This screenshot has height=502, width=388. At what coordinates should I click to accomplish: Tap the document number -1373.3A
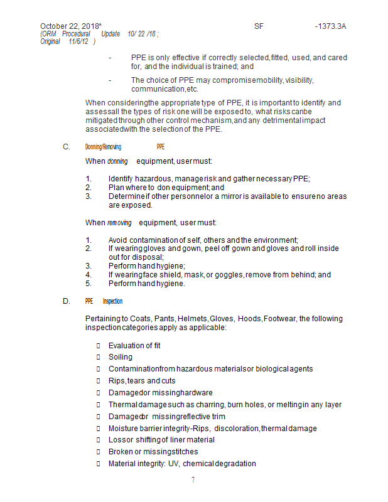click(x=330, y=26)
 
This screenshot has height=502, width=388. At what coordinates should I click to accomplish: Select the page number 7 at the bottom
click(x=193, y=480)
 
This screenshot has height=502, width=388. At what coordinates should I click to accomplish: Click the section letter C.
click(x=66, y=147)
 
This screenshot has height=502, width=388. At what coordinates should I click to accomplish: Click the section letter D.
click(x=66, y=301)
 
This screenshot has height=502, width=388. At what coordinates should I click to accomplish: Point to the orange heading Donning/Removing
click(x=103, y=147)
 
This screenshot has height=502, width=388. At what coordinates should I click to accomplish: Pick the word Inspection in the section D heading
click(x=113, y=301)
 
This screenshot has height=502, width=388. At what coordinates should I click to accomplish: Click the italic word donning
click(x=117, y=161)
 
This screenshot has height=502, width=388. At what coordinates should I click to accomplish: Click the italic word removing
click(x=119, y=223)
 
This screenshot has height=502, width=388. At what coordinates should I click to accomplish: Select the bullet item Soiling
click(x=121, y=357)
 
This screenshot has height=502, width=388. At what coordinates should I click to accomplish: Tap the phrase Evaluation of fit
click(x=134, y=345)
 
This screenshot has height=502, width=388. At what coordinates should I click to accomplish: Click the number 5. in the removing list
click(x=89, y=284)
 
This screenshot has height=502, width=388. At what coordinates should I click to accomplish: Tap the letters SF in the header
click(x=259, y=26)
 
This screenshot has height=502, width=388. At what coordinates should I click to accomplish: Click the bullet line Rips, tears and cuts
click(x=142, y=381)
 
